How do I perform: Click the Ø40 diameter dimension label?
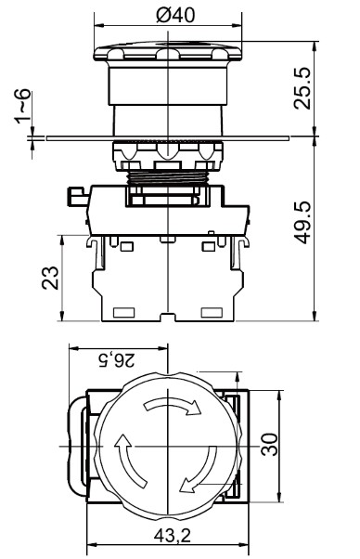(x=175, y=16)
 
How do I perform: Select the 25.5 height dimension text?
(x=302, y=89)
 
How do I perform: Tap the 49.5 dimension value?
(x=302, y=223)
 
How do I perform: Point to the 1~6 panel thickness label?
(x=23, y=107)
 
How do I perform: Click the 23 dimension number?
(x=50, y=278)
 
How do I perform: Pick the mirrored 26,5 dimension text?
(x=116, y=359)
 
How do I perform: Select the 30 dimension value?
(x=270, y=444)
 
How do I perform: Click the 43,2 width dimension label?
(x=173, y=535)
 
